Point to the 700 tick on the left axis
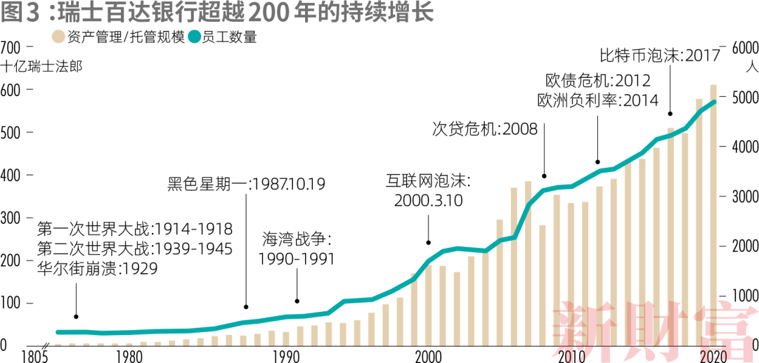[12, 48]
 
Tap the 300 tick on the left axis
[12, 218]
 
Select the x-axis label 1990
[285, 355]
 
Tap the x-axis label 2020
[713, 355]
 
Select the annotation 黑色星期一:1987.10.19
[246, 185]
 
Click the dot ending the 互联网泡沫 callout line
[428, 242]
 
